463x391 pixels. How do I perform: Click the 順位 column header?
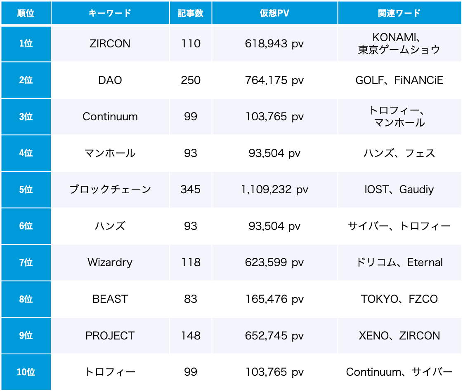tap(26, 13)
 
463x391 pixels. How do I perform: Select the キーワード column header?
tap(110, 13)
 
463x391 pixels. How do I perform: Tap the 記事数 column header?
tap(191, 13)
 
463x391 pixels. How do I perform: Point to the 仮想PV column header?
tap(274, 13)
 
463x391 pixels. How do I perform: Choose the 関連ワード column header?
tap(399, 13)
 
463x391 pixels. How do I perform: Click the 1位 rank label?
tap(26, 44)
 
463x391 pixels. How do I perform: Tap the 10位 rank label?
tap(26, 372)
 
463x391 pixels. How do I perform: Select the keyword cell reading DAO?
tap(110, 80)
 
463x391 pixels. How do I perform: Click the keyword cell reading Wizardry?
tap(110, 262)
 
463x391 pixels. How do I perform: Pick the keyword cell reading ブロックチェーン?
tap(110, 190)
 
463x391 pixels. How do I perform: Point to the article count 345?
tap(191, 190)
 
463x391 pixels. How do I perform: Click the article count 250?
tap(191, 80)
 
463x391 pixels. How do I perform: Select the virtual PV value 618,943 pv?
tap(274, 44)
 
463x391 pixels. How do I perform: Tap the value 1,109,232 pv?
tap(274, 190)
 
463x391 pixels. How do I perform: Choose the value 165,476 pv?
tap(274, 299)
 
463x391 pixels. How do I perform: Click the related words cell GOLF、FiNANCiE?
tap(399, 80)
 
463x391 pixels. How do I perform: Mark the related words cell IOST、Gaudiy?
tap(399, 190)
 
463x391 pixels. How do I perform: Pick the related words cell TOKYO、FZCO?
tap(399, 299)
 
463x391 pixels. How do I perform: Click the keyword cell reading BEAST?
tap(110, 299)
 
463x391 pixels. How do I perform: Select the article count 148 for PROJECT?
tap(191, 336)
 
